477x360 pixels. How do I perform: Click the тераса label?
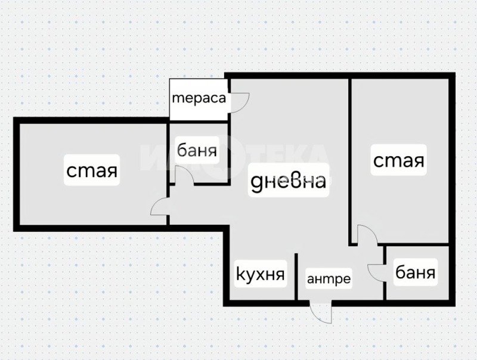(199, 98)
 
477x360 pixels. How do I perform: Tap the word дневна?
(287, 181)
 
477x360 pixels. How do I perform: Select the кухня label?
(260, 275)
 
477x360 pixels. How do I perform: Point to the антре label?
(329, 278)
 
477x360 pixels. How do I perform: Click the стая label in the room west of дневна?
(92, 172)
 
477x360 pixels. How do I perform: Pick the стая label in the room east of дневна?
(398, 160)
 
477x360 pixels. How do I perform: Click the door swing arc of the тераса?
(241, 103)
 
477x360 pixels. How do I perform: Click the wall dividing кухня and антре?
(296, 278)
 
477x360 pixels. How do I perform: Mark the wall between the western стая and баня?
(168, 149)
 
